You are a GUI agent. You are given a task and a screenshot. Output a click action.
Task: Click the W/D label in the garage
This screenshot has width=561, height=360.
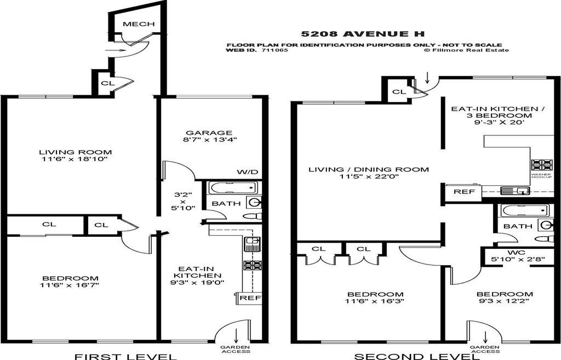pyautogui.click(x=247, y=172)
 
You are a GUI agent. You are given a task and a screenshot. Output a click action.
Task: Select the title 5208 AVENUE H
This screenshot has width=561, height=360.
pyautogui.click(x=364, y=34)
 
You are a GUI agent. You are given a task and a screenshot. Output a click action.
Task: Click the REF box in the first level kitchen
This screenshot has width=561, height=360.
pyautogui.click(x=250, y=298)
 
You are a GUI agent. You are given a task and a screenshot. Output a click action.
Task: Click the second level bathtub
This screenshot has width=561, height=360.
pyautogui.click(x=524, y=210)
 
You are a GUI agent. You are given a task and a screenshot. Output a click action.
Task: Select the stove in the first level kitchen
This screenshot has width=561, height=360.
pyautogui.click(x=253, y=265)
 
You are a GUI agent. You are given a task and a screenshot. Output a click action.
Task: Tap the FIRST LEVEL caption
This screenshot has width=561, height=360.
pyautogui.click(x=126, y=357)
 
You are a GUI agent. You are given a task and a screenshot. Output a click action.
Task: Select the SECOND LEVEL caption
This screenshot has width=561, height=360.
pyautogui.click(x=417, y=357)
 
